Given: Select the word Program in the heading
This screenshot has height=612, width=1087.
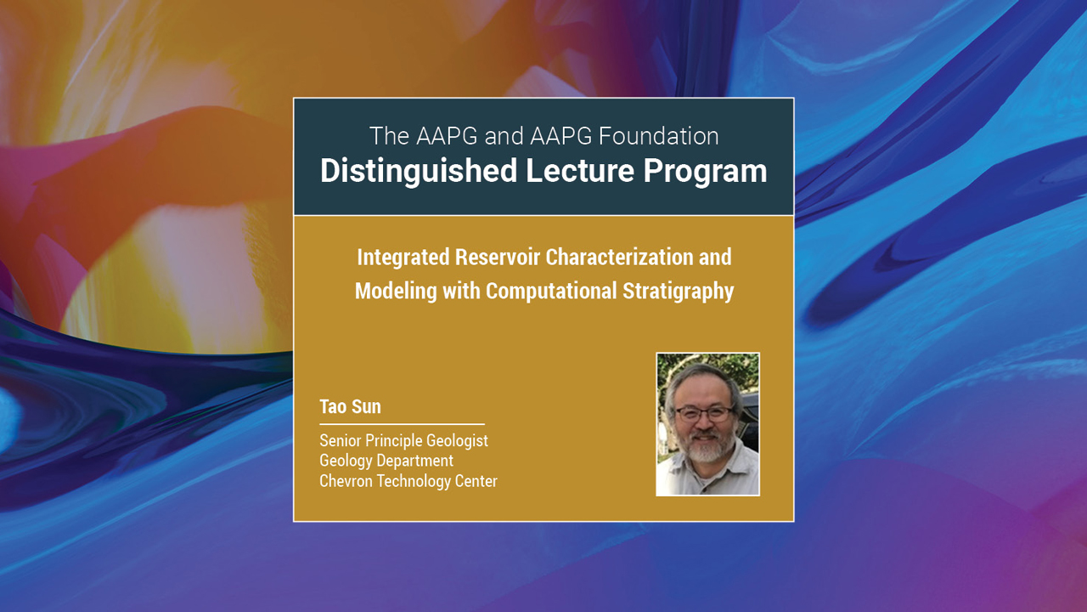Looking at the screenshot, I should pos(705,171).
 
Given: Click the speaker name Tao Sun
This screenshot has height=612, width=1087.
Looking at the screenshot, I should pos(350,406).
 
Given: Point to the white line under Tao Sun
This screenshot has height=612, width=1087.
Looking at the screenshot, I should pos(402,423).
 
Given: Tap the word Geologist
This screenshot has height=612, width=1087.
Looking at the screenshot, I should pos(458,440).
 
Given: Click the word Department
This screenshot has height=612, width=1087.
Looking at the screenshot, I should pos(414,461).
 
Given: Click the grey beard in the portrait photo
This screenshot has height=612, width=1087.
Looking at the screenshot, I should pos(705,449).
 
